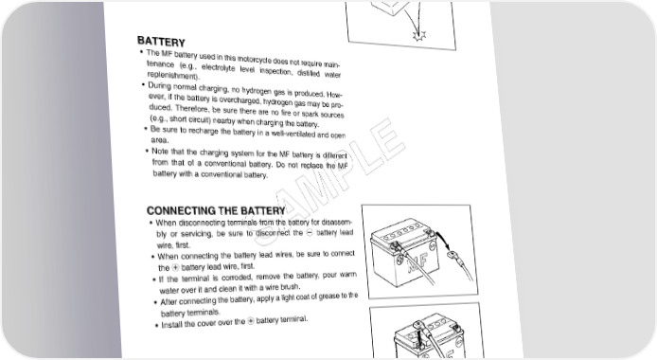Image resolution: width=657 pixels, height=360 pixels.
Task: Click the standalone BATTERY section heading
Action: [161, 42]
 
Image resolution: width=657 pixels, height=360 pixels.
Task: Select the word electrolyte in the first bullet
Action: [218, 68]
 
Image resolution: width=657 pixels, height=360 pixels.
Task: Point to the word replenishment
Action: [173, 76]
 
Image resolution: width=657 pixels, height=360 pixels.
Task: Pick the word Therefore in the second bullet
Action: [192, 109]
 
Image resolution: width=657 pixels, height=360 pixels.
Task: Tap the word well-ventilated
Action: [293, 135]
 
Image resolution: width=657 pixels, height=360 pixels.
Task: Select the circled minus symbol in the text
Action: [310, 233]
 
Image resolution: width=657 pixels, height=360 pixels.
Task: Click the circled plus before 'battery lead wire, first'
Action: [175, 267]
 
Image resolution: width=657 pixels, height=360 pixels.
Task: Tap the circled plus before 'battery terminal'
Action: [250, 321]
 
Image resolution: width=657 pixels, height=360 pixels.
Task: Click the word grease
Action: [328, 297]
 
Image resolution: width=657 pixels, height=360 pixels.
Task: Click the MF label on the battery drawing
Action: [417, 261]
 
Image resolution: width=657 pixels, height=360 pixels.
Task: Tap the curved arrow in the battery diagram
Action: [442, 240]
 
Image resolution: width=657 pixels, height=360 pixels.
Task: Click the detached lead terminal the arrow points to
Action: [454, 256]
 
